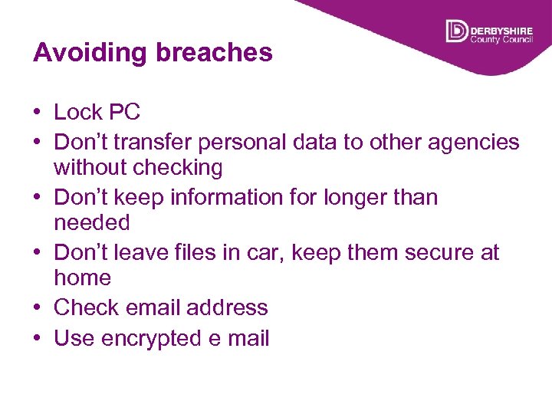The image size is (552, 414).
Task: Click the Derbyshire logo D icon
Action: pyautogui.click(x=456, y=31)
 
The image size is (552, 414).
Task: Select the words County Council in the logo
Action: pyautogui.click(x=501, y=38)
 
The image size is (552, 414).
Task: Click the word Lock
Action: pyautogui.click(x=78, y=112)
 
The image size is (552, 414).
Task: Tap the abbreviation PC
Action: pyautogui.click(x=124, y=112)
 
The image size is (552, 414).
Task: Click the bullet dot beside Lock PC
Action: pyautogui.click(x=38, y=113)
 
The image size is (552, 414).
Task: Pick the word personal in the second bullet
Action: pyautogui.click(x=288, y=143)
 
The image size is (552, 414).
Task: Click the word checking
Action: pyautogui.click(x=178, y=167)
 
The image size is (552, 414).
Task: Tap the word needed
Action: pyautogui.click(x=92, y=223)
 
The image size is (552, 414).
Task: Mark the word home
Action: pyautogui.click(x=83, y=278)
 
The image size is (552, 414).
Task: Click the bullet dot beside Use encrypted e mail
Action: pyautogui.click(x=38, y=339)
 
